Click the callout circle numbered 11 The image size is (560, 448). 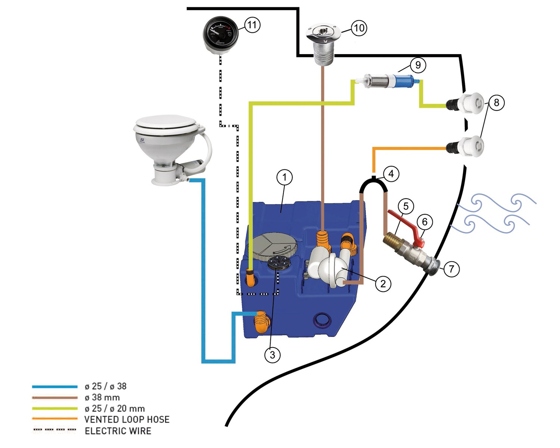[x=252, y=25]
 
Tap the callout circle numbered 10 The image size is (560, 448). [x=359, y=28]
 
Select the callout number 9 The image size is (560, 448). [x=418, y=65]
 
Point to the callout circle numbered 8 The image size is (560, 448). [x=496, y=102]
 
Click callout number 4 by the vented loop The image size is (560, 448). [x=391, y=174]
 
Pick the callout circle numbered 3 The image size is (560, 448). [x=272, y=354]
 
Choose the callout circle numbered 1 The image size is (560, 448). [x=284, y=177]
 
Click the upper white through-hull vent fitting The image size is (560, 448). [x=471, y=102]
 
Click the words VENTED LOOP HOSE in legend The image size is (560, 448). [x=127, y=420]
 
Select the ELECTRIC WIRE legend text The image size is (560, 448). [x=118, y=431]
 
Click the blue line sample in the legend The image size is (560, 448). [x=55, y=387]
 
